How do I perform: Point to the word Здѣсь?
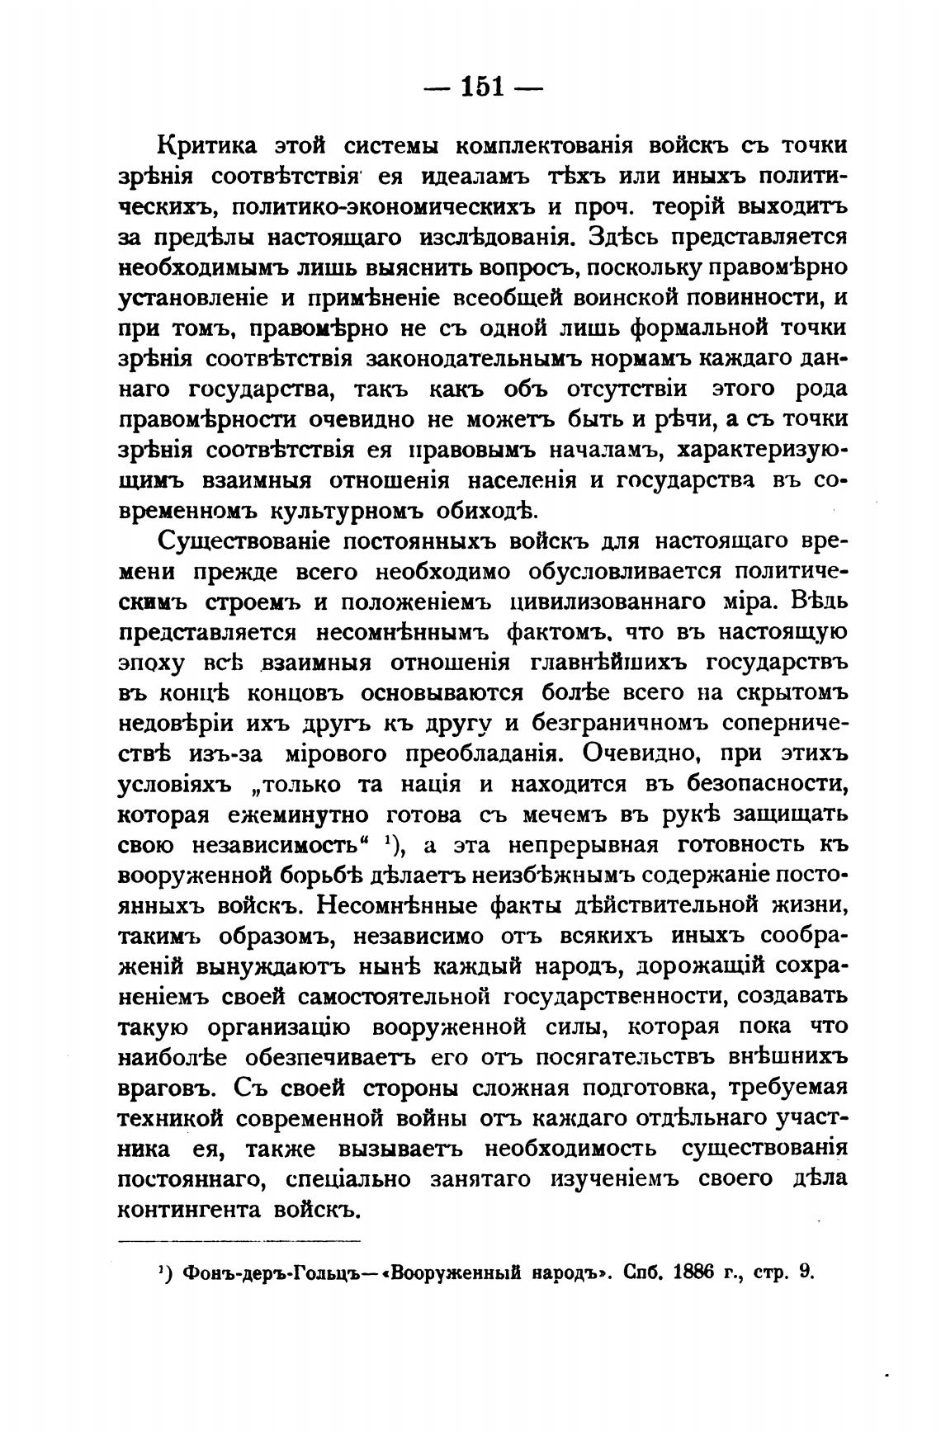point(622,238)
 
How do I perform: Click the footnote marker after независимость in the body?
point(388,843)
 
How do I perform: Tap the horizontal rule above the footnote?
point(240,1240)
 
